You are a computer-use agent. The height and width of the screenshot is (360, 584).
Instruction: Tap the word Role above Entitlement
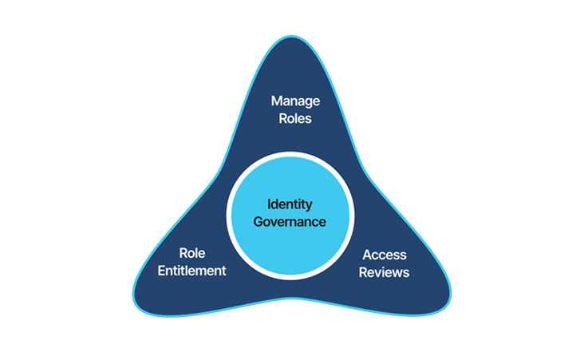(192, 253)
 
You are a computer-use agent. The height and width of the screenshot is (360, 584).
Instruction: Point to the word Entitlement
(192, 271)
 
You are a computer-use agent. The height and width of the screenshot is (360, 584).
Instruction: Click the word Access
(385, 255)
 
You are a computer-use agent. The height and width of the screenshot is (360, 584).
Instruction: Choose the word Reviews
(385, 272)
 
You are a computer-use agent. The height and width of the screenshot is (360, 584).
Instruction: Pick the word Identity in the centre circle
(290, 204)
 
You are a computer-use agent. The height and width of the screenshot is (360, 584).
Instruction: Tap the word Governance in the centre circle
(290, 222)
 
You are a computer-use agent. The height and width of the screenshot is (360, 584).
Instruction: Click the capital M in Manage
(276, 101)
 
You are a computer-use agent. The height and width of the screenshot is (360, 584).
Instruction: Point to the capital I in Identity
(269, 204)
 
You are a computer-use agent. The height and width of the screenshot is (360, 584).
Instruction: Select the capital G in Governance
(258, 222)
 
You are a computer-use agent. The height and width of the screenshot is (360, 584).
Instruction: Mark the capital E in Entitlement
(162, 271)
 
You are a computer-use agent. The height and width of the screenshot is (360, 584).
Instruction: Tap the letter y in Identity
(309, 206)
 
